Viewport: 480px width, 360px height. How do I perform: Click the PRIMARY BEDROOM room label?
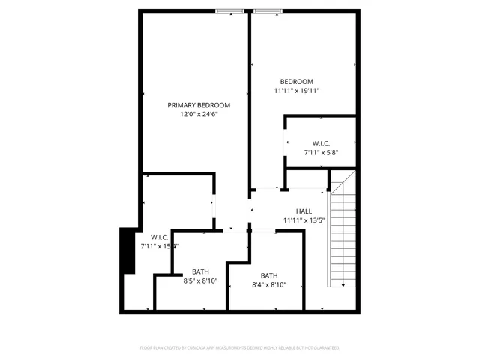199,105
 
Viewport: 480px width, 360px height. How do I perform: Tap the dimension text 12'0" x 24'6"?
199,115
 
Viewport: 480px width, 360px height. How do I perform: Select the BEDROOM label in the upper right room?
297,81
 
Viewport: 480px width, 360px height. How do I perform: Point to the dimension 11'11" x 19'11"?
297,91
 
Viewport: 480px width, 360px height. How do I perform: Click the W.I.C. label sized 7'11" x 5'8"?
322,142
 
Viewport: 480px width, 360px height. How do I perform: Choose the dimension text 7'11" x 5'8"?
322,152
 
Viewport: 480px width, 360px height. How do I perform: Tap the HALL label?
304,211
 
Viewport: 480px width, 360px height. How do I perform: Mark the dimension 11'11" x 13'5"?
304,220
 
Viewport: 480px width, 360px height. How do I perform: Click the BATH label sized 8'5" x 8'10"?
200,271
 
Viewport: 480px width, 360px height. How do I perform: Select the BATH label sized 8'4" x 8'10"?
269,275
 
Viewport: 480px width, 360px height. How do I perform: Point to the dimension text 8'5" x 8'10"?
200,281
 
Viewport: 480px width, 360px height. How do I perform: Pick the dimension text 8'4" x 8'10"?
269,285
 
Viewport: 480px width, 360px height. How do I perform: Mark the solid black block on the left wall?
128,250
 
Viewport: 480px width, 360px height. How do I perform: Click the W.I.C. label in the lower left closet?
159,237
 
